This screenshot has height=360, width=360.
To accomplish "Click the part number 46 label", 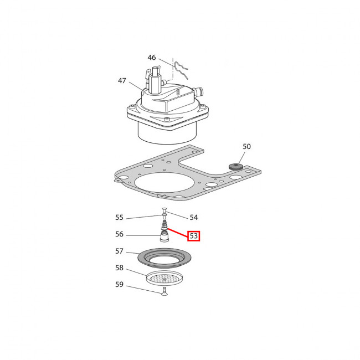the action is click(x=152, y=58).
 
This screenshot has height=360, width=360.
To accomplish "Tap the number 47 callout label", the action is click(x=122, y=81).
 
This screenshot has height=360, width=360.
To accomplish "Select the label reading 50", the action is click(x=246, y=146).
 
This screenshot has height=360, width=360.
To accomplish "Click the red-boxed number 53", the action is click(x=194, y=236).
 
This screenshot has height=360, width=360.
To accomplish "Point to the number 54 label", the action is click(x=193, y=218).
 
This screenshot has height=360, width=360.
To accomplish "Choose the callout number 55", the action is click(x=119, y=218).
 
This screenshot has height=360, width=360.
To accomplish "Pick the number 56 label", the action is click(x=119, y=234).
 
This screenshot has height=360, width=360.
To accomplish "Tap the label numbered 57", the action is click(x=119, y=251).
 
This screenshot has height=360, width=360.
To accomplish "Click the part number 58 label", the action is click(x=119, y=268).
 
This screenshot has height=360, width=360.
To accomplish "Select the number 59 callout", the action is click(x=119, y=285).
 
